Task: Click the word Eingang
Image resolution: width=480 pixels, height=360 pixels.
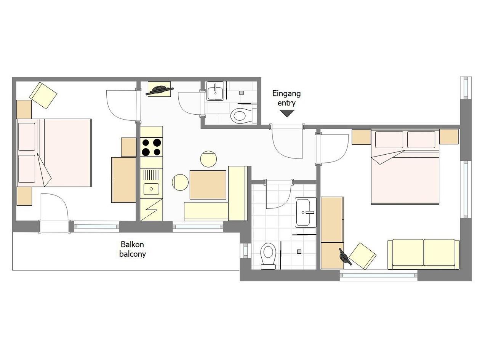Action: pyautogui.click(x=286, y=94)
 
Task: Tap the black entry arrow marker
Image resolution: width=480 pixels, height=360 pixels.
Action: pyautogui.click(x=287, y=114)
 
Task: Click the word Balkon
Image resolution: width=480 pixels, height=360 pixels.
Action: pyautogui.click(x=132, y=245)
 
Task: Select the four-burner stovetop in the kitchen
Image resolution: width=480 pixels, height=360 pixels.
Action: pyautogui.click(x=151, y=147)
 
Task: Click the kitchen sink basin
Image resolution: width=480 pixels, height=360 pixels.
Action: pyautogui.click(x=151, y=189)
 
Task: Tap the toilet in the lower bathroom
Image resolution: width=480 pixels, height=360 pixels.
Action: pyautogui.click(x=268, y=256)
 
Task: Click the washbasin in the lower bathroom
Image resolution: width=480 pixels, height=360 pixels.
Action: pyautogui.click(x=305, y=213)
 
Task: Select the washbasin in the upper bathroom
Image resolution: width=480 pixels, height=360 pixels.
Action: pyautogui.click(x=215, y=91)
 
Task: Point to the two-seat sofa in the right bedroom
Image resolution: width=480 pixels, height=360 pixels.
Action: pyautogui.click(x=424, y=254)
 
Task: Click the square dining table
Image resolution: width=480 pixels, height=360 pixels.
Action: pyautogui.click(x=208, y=185)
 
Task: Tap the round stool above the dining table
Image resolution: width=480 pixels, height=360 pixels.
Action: pyautogui.click(x=208, y=159)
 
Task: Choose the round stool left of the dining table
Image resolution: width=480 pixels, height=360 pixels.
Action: pyautogui.click(x=180, y=182)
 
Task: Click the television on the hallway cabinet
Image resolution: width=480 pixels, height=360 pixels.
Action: pyautogui.click(x=160, y=90)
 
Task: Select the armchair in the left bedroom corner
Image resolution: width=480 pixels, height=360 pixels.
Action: pyautogui.click(x=43, y=96)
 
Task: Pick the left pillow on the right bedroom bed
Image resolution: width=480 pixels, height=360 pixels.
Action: pyautogui.click(x=389, y=139)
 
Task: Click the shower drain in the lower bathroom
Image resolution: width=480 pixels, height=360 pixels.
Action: pyautogui.click(x=299, y=251)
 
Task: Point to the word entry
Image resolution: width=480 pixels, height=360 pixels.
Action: pyautogui.click(x=286, y=103)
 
